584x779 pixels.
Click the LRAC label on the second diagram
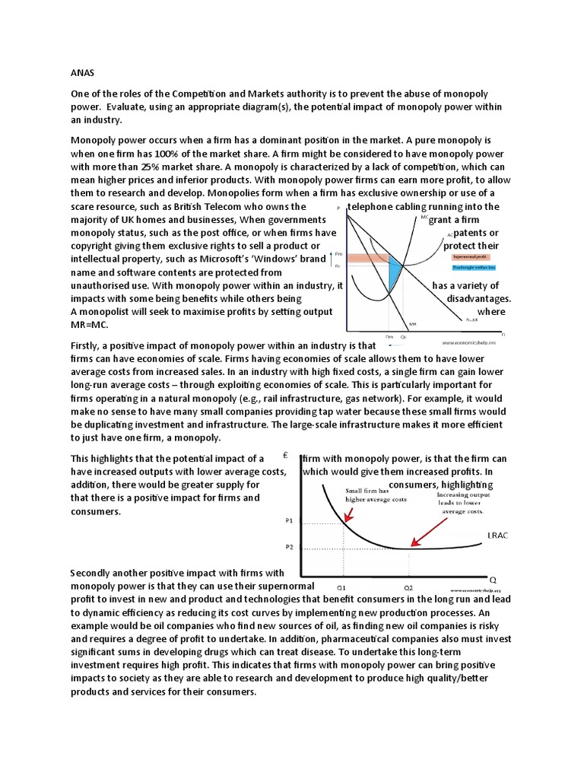click(497, 536)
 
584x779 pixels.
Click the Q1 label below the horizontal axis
click(341, 587)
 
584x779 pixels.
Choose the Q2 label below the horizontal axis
click(408, 587)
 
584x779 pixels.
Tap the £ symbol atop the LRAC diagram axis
click(283, 456)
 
